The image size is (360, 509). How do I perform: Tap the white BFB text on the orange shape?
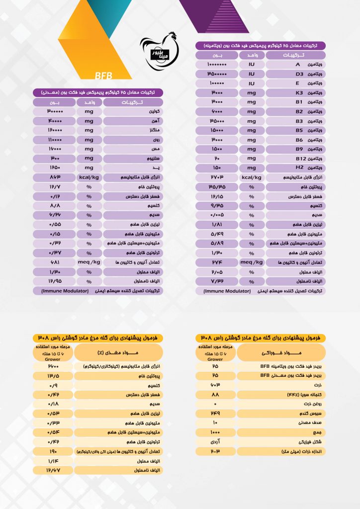[103, 76]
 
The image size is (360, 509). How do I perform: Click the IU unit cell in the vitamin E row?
[252, 83]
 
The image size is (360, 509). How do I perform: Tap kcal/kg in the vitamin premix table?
[252, 177]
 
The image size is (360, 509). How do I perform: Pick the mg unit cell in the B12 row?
[252, 158]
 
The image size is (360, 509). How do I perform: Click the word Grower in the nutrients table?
[53, 358]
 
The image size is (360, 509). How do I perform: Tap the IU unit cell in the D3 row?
[252, 74]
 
